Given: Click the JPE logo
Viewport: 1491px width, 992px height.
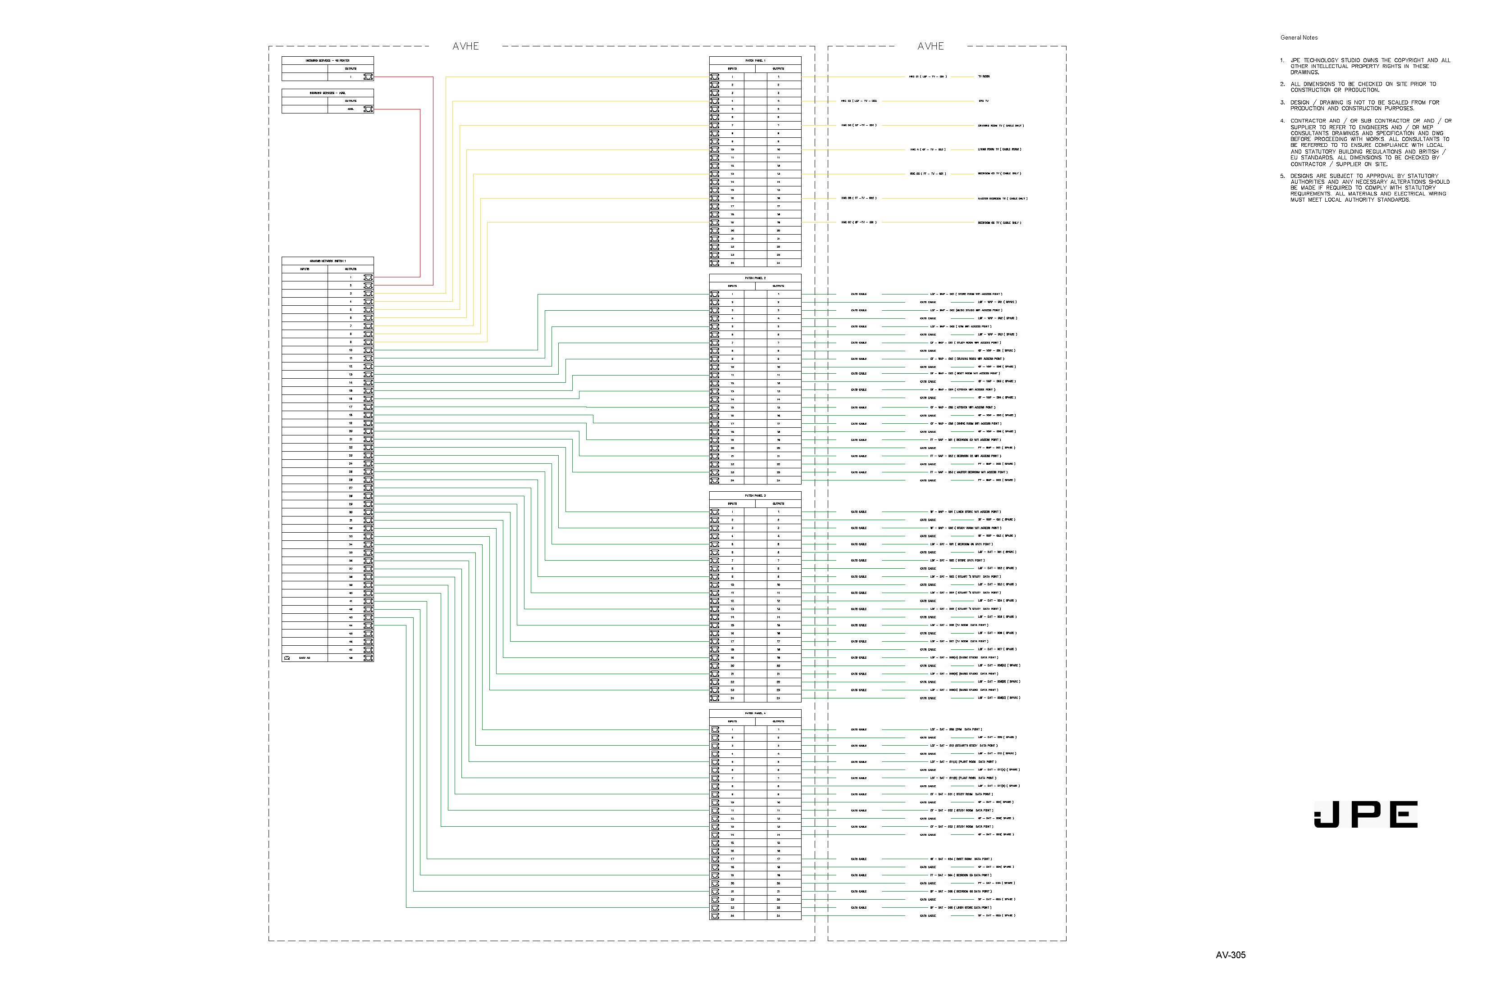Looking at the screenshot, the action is tap(1366, 814).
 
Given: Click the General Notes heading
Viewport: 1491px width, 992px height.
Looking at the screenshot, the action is tap(1299, 38).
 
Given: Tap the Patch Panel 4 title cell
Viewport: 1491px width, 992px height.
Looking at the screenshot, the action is tap(755, 713).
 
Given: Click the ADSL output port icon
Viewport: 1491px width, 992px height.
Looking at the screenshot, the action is tap(368, 109).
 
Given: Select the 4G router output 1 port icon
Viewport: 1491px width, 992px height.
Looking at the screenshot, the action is tap(368, 77).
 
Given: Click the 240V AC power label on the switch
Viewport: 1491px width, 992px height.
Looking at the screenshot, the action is tap(305, 658).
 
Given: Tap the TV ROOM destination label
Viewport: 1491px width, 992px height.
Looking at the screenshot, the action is tap(983, 77).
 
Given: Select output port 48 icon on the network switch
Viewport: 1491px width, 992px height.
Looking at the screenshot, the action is tap(368, 658).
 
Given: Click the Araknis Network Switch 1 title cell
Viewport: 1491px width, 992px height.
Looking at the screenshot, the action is tap(327, 261).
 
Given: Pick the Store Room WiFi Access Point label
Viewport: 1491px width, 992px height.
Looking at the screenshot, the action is tap(966, 294).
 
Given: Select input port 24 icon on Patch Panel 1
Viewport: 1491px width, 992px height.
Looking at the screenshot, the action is tap(715, 263).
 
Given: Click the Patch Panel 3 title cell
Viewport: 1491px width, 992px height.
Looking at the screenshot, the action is tap(755, 495).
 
